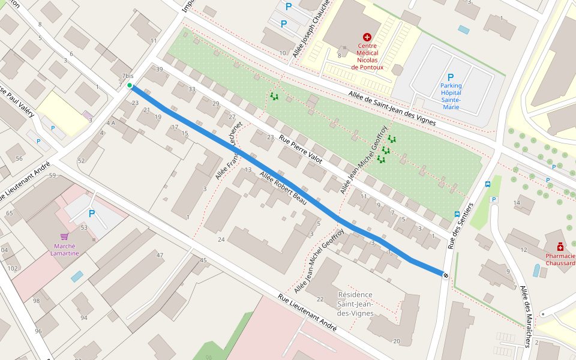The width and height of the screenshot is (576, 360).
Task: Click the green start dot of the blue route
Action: (130, 86)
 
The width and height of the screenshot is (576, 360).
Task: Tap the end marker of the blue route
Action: (445, 275)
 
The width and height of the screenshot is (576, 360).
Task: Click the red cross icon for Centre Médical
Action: (367, 37)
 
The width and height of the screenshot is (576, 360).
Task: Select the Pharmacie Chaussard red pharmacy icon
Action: (560, 247)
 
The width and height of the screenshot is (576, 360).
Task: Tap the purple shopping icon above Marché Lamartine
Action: (64, 237)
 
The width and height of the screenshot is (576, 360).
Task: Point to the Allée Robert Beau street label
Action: (283, 188)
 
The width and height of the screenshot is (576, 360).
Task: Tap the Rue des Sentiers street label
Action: (461, 226)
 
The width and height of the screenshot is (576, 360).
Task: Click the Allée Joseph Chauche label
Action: (311, 29)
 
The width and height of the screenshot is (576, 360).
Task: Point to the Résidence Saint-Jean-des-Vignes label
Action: (355, 304)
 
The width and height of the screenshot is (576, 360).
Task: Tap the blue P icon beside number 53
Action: (92, 214)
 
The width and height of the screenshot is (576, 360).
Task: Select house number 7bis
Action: (128, 76)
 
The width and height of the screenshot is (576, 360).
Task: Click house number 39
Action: (159, 69)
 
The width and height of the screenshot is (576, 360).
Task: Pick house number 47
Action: (160, 255)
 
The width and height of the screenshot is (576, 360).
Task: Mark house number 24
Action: (221, 239)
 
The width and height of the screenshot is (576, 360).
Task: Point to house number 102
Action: (13, 268)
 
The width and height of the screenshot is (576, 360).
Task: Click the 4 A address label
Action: (110, 123)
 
